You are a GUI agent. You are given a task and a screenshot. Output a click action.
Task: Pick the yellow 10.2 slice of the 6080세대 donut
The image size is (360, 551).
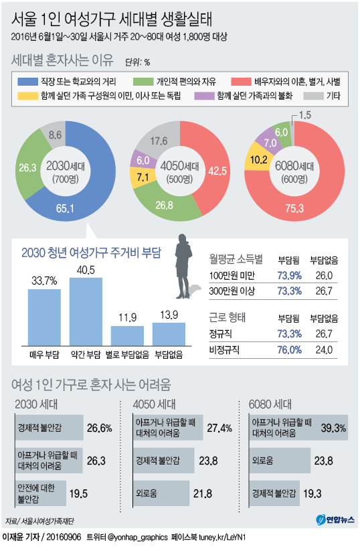pos(258,161)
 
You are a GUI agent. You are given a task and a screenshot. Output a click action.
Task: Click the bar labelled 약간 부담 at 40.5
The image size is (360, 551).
pos(86,311)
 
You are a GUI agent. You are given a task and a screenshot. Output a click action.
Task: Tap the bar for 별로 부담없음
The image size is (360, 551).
pos(127,335)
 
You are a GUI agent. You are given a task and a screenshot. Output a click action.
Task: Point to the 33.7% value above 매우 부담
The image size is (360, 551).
pos(43,280)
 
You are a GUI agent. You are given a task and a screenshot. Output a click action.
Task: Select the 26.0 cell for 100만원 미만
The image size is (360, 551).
pos(324,276)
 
